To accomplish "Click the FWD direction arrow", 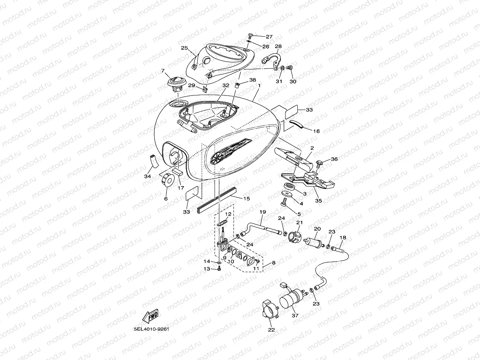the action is [150, 315].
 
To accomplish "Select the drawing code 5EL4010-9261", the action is [151, 329].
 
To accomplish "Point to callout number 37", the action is [295, 316].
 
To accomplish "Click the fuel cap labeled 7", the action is [176, 83].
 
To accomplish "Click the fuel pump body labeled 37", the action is [291, 298].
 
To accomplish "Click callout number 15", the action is [247, 199].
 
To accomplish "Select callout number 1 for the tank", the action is [259, 86].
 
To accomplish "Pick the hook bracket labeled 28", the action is [272, 59].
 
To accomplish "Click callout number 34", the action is [148, 176].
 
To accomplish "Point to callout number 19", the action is [262, 212].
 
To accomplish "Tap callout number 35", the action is [318, 200].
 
